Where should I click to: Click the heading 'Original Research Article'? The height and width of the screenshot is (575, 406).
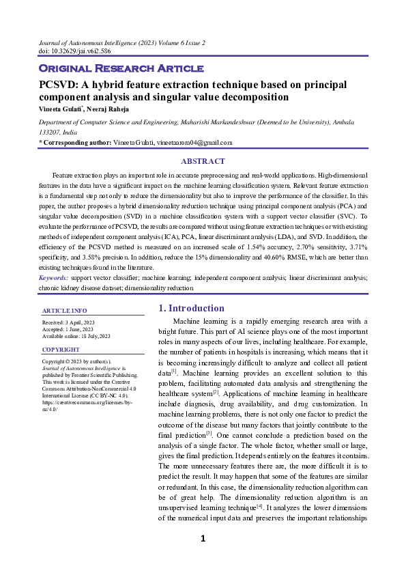click(x=121, y=68)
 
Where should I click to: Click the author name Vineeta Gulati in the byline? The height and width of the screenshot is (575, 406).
click(x=60, y=108)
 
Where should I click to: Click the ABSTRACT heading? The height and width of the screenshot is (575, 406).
click(x=203, y=161)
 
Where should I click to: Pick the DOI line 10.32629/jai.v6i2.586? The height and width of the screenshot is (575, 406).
click(x=75, y=51)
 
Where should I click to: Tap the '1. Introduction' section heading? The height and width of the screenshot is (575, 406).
click(x=191, y=308)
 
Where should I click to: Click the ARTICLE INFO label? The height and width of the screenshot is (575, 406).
click(x=61, y=311)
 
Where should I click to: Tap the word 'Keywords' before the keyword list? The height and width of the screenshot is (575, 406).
click(x=53, y=278)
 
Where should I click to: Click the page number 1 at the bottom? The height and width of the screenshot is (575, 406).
click(x=203, y=539)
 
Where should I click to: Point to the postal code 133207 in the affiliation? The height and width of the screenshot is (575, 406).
click(x=50, y=132)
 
